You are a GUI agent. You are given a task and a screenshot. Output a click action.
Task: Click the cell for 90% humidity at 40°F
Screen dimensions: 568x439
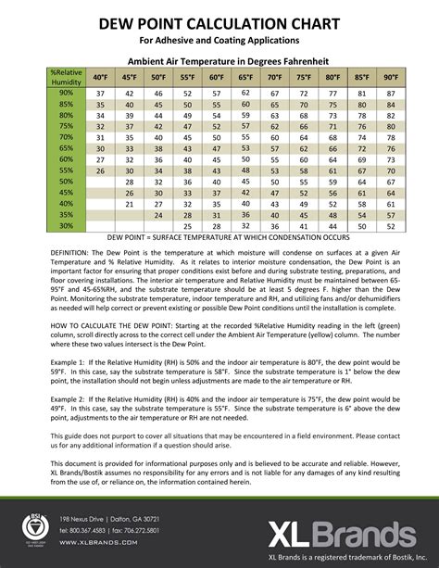pyautogui.click(x=101, y=95)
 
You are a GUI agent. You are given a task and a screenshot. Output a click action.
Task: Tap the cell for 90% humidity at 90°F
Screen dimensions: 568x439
pyautogui.click(x=391, y=95)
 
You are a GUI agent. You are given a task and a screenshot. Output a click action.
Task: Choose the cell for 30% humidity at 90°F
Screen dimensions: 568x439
pyautogui.click(x=391, y=226)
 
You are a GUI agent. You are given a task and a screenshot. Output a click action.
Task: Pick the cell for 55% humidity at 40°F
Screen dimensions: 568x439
pyautogui.click(x=101, y=171)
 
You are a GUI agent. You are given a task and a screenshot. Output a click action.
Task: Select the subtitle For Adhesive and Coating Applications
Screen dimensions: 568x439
pyautogui.click(x=219, y=42)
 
